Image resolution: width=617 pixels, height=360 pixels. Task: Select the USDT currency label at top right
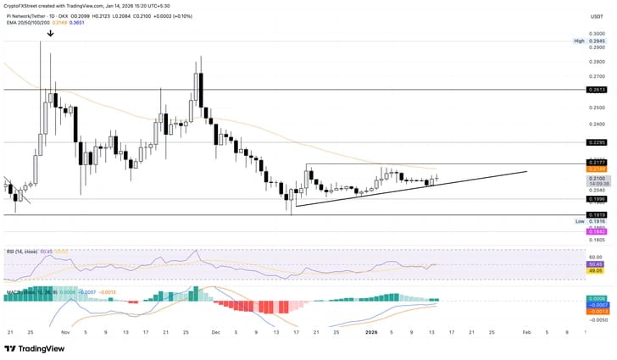pyautogui.click(x=596, y=15)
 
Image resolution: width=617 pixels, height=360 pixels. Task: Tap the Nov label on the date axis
pyautogui.click(x=64, y=332)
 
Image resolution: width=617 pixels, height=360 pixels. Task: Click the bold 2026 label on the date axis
pyautogui.click(x=370, y=332)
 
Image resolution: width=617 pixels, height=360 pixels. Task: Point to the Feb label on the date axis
pyautogui.click(x=526, y=332)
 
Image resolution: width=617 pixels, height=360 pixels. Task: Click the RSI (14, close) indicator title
pyautogui.click(x=22, y=251)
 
